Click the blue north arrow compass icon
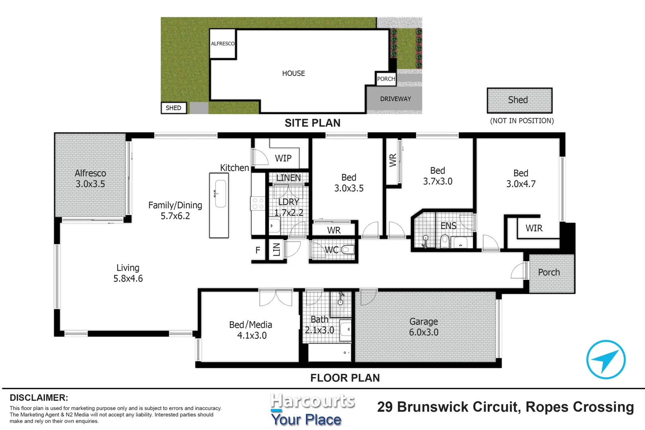pyautogui.click(x=606, y=359)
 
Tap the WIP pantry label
pyautogui.click(x=283, y=158)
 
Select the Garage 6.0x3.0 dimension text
pyautogui.click(x=424, y=332)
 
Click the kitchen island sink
pyautogui.click(x=220, y=193)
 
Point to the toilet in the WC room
pyautogui.click(x=348, y=250)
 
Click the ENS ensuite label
pyautogui.click(x=448, y=226)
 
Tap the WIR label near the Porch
pyautogui.click(x=534, y=228)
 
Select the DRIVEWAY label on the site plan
pyautogui.click(x=395, y=99)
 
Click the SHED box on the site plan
pyautogui.click(x=174, y=108)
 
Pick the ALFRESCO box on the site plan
pyautogui.click(x=223, y=44)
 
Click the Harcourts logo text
pyautogui.click(x=313, y=401)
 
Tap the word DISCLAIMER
pyautogui.click(x=39, y=398)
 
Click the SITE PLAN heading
pyautogui.click(x=313, y=123)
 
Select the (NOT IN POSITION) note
pyautogui.click(x=522, y=121)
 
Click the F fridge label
pyautogui.click(x=258, y=250)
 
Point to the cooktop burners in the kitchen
pyautogui.click(x=258, y=203)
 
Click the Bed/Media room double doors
pyautogui.click(x=276, y=298)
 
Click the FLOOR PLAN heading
pyautogui.click(x=345, y=378)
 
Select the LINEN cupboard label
pyautogui.click(x=288, y=178)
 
